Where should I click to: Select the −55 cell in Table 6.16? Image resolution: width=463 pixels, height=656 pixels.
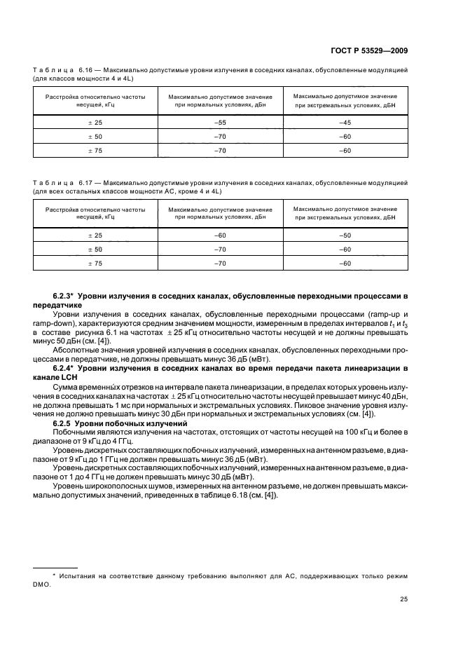pos(220,122)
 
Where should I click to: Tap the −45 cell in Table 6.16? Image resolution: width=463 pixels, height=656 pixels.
pos(345,122)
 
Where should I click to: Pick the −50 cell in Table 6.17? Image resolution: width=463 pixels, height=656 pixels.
pos(345,236)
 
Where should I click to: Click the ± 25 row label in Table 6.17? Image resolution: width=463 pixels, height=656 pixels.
pos(95,236)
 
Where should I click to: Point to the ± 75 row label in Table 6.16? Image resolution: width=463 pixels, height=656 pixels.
pos(95,151)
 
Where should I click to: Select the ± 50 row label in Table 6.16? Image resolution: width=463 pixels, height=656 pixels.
pos(95,137)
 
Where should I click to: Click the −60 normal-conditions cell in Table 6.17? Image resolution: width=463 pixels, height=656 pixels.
pos(220,236)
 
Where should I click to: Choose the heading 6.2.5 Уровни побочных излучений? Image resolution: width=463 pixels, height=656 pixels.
pos(112,424)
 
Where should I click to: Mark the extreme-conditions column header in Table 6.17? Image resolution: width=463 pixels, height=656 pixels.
pos(345,213)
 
